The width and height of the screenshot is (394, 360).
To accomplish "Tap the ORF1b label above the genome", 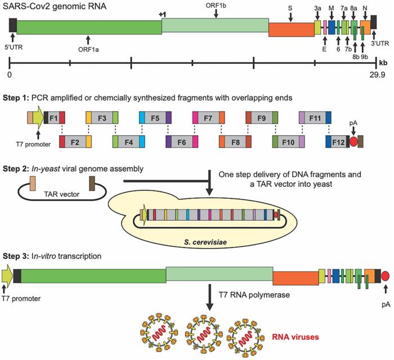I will pyautogui.click(x=217, y=5).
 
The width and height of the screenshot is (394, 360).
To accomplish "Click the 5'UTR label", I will pyautogui.click(x=14, y=47).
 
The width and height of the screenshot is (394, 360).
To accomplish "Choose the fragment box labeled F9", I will pyautogui.click(x=261, y=118).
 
